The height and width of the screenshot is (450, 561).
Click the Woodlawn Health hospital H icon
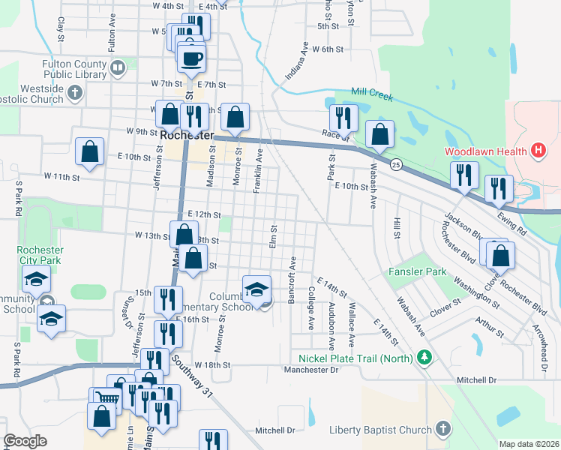point(537,151)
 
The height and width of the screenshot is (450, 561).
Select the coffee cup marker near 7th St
point(190,58)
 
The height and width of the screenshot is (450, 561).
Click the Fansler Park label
point(417,271)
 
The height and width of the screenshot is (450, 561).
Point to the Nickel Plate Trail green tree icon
point(425,358)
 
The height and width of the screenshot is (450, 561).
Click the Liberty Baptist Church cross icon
point(442,430)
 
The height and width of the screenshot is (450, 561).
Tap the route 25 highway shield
point(397,164)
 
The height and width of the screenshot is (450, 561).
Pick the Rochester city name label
point(187,135)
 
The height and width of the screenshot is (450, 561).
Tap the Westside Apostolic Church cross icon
point(73,93)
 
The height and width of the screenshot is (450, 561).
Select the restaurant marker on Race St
point(343,118)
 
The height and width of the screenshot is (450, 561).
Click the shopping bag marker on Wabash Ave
point(380,135)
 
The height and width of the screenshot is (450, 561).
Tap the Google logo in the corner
point(25,441)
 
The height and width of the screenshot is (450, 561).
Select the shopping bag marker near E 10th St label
point(89,151)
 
